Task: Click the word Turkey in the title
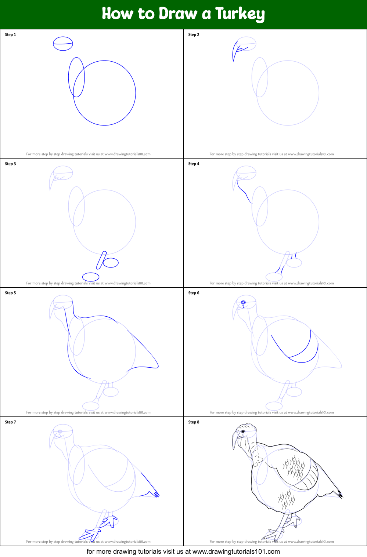[x=240, y=14]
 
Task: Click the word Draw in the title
[x=178, y=13]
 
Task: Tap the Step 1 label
[x=10, y=34]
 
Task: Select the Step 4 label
[x=194, y=164]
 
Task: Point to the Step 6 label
[x=194, y=293]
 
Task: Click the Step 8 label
[x=194, y=422]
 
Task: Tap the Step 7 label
[x=10, y=422]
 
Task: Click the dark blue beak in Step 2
[x=234, y=50]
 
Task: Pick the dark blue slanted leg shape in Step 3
[x=101, y=261]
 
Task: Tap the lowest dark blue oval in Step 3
[x=91, y=273]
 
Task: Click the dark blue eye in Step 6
[x=243, y=302]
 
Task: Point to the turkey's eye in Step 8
[x=243, y=432]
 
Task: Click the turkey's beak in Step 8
[x=234, y=440]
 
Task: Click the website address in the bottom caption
[x=236, y=551]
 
